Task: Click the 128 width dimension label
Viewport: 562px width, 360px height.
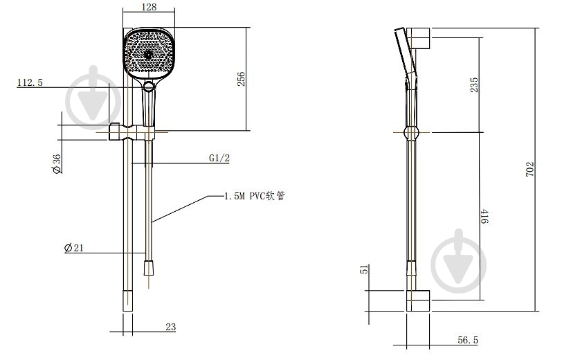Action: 149,7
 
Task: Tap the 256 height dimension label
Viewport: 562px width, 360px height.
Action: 242,79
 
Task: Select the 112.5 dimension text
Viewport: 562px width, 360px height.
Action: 30,82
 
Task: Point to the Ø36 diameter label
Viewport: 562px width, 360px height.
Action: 57,164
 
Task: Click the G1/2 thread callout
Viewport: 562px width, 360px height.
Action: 219,158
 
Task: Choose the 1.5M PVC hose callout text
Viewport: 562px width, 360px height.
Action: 255,196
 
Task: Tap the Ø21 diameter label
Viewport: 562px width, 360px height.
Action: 74,247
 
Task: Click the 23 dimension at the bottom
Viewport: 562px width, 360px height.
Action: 171,327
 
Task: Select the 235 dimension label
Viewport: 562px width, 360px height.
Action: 474,84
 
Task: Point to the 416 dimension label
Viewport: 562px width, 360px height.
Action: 484,217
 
